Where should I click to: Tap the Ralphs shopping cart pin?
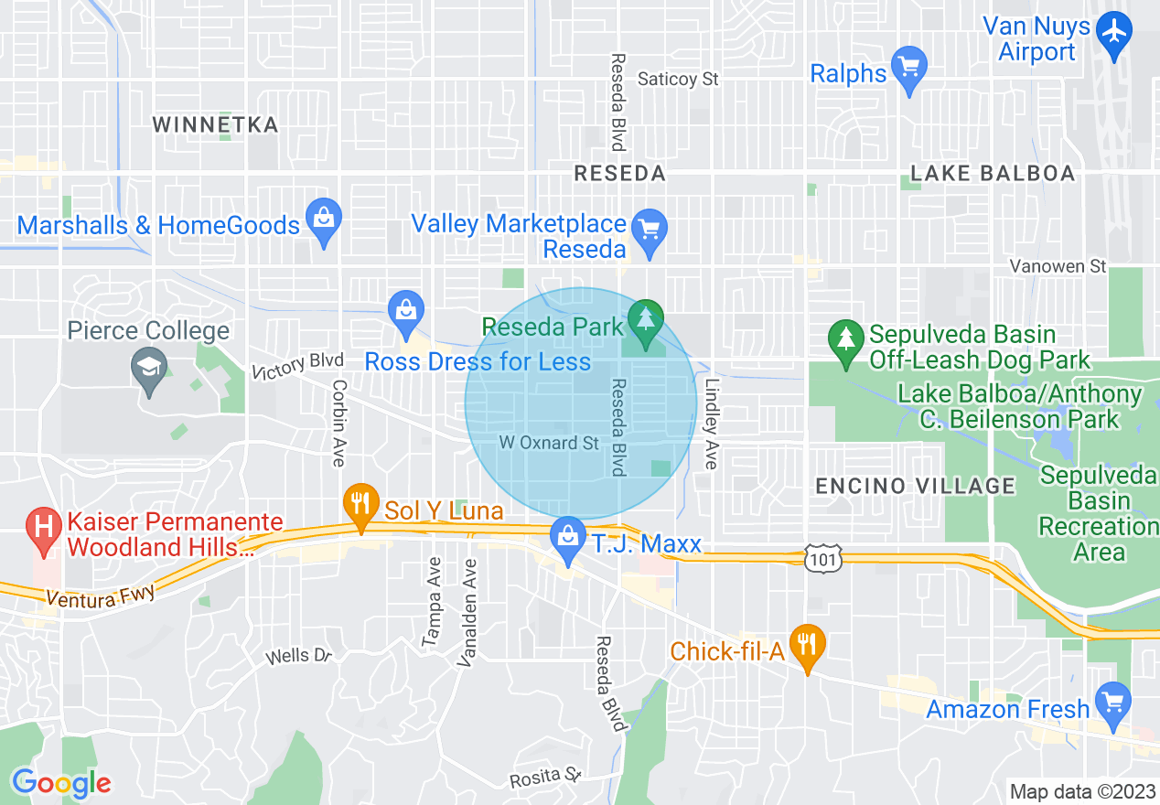(x=908, y=68)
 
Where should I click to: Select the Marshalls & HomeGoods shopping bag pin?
(x=323, y=220)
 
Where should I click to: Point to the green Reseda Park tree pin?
(x=647, y=321)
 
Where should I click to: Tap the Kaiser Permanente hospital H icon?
(x=42, y=527)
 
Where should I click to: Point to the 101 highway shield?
(x=823, y=558)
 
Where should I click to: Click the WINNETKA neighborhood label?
(x=216, y=124)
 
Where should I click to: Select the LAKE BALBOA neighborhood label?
(x=993, y=173)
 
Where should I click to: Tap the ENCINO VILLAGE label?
(x=915, y=486)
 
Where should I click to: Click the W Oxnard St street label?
(x=549, y=443)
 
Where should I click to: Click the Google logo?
(x=61, y=784)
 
